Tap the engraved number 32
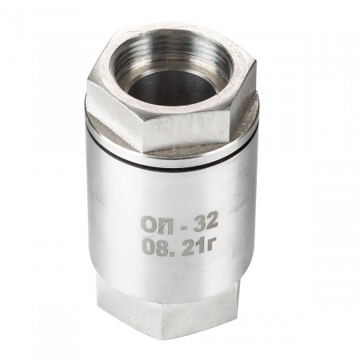[x=206, y=222]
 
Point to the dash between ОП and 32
[x=183, y=225]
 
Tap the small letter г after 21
[x=209, y=244]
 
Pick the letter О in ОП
[x=149, y=226]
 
